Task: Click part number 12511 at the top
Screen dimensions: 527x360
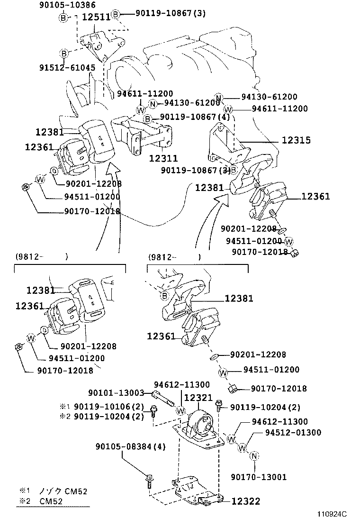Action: point(96,17)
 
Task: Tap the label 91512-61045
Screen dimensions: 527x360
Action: point(67,68)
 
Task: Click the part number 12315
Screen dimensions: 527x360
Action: point(296,140)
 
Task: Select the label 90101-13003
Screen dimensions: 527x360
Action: point(116,392)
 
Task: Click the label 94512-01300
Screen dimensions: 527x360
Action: point(293,432)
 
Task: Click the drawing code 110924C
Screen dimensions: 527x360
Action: point(332,514)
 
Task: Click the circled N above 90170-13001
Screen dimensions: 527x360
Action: point(254,456)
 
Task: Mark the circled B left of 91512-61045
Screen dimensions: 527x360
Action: point(63,53)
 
